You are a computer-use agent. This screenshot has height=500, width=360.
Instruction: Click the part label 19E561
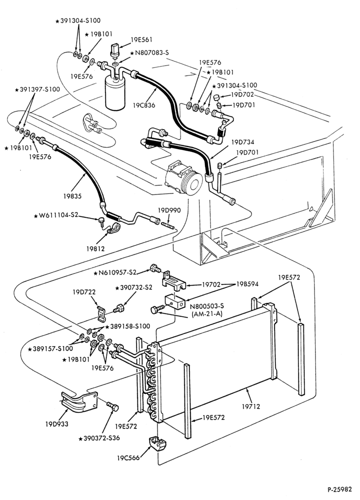coord(141,40)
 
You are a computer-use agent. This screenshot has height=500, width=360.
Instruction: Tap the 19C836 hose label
coord(144,105)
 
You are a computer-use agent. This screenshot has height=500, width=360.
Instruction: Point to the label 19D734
coord(242,142)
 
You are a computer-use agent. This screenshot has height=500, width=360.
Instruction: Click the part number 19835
coord(72,196)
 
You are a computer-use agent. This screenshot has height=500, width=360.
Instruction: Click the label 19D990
coord(169,210)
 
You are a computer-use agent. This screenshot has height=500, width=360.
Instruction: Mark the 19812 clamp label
coord(95,248)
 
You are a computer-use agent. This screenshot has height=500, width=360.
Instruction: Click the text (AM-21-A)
coord(207,313)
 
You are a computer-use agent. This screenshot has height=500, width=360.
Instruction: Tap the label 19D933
coord(57,424)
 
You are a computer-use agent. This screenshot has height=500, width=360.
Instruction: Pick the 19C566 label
coord(128,458)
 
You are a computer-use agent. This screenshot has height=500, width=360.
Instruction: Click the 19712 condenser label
coord(251,406)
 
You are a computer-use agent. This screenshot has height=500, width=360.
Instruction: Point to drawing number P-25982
coord(339,489)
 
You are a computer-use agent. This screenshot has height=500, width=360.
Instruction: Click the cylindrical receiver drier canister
coord(115,93)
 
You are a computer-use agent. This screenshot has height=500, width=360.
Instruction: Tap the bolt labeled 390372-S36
coord(112,406)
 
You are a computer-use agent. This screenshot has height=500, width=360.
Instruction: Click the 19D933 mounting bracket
coord(78,401)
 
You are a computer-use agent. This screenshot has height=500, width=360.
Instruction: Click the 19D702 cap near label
coord(217,97)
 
